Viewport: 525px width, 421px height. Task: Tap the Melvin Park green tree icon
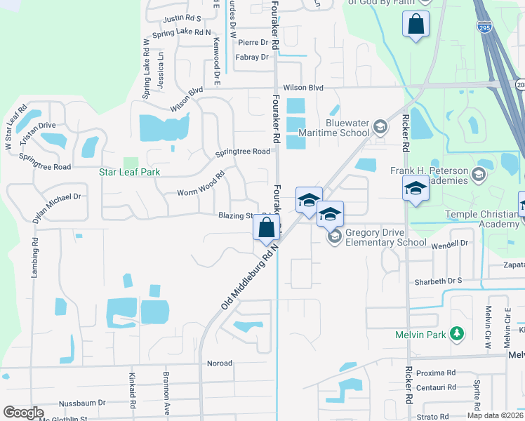coord(458,335)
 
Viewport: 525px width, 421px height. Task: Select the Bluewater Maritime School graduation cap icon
coord(380,127)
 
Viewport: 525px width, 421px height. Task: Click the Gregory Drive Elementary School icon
coord(334,237)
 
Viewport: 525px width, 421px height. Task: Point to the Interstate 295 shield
coord(484,27)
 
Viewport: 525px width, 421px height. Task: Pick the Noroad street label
coord(219,363)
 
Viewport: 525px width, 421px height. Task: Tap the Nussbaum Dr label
coord(82,403)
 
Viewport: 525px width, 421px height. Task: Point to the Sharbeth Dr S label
coord(439,280)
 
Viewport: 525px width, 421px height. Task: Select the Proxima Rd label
coord(436,373)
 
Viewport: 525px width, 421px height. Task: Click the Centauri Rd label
coord(436,387)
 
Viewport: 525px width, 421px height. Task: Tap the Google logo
coord(23,413)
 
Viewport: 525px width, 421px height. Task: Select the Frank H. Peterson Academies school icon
coord(479,173)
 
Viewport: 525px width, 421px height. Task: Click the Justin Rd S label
coord(182,18)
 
